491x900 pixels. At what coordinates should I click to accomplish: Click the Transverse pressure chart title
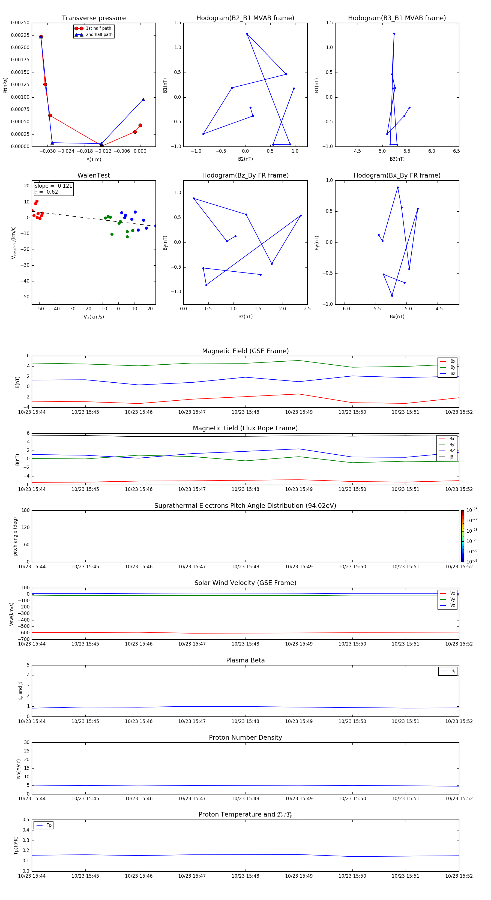(94, 18)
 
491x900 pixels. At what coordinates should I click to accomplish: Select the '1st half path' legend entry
(98, 28)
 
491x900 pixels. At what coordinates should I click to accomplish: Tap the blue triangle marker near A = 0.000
(143, 100)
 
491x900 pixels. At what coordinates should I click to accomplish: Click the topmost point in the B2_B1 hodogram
(247, 34)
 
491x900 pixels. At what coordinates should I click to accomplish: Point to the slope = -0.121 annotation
(53, 186)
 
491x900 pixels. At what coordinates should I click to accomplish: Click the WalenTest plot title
(94, 175)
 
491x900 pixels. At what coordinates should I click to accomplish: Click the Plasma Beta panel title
(245, 660)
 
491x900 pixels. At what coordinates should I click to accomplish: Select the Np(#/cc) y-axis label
(19, 769)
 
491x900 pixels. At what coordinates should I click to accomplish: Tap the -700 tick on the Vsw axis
(25, 639)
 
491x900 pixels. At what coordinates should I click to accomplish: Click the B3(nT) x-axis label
(397, 159)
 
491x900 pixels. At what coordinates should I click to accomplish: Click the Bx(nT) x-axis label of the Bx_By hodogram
(397, 317)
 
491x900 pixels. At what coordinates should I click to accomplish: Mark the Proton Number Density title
(245, 737)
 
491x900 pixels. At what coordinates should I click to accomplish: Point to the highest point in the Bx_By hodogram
(398, 188)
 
